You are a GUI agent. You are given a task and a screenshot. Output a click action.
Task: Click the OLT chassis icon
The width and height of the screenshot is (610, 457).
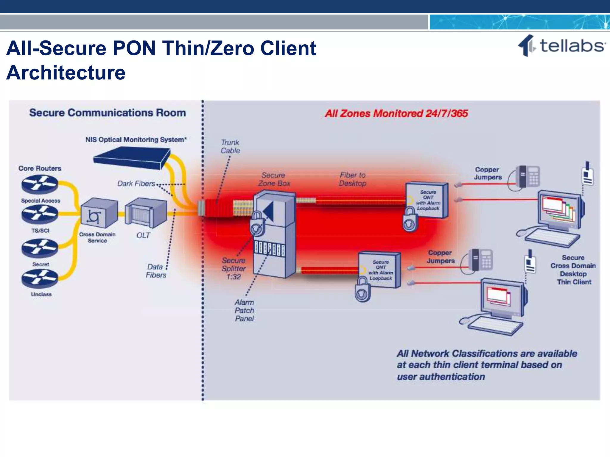146,212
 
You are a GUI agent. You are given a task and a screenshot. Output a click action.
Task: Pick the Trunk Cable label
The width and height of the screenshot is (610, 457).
230,147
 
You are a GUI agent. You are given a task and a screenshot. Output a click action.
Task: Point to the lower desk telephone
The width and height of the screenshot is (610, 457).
480,260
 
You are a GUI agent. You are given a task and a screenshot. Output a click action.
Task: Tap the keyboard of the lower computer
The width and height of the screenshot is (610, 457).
495,325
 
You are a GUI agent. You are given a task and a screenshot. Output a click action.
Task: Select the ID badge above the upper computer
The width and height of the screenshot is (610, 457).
587,175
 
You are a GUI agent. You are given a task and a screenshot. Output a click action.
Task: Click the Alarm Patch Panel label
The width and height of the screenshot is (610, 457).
244,311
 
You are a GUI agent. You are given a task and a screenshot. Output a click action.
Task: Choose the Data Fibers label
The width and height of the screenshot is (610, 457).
155,271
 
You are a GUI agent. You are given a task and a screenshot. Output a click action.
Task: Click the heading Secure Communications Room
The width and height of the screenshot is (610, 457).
108,113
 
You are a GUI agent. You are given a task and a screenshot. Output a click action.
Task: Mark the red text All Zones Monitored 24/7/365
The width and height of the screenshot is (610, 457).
396,113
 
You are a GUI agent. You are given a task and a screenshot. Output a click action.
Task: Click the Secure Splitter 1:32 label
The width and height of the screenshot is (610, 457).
234,269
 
